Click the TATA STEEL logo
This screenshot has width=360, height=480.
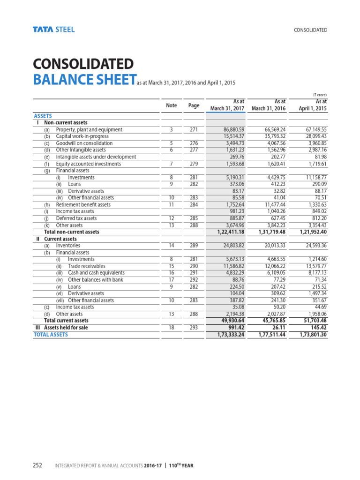(x=53, y=30)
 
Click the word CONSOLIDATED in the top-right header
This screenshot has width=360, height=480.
(x=310, y=30)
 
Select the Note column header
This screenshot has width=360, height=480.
(x=172, y=105)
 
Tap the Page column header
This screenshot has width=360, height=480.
(x=194, y=105)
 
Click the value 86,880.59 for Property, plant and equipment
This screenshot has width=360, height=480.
(x=232, y=130)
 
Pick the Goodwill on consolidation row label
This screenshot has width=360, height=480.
(x=84, y=143)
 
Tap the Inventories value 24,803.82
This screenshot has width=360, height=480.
(x=232, y=246)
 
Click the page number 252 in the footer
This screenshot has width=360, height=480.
(x=37, y=465)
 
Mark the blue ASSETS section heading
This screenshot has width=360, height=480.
(x=43, y=116)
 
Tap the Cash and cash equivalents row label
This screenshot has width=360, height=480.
(x=96, y=273)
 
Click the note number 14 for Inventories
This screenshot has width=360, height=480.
(x=172, y=246)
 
